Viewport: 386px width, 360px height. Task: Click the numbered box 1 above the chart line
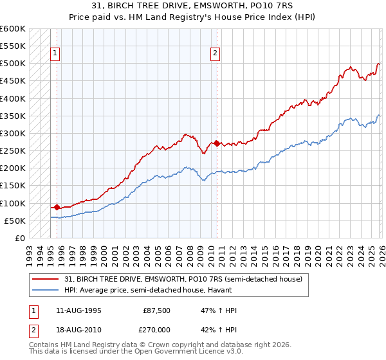click(x=56, y=54)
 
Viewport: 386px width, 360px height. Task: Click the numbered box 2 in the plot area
click(x=215, y=54)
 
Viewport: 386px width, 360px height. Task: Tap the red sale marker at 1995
click(x=57, y=207)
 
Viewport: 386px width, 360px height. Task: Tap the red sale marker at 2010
click(x=217, y=143)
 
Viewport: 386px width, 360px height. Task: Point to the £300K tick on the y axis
click(x=13, y=134)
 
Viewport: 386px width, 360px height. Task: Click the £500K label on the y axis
click(x=13, y=64)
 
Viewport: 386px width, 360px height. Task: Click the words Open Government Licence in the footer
click(x=181, y=352)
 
